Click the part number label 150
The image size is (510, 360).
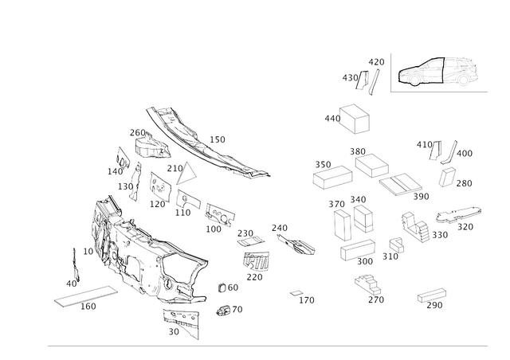[x=218, y=139]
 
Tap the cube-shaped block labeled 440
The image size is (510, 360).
[x=355, y=119]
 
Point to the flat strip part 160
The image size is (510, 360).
[x=86, y=296]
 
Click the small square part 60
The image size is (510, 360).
[x=222, y=288]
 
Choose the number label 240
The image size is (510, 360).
[x=280, y=228]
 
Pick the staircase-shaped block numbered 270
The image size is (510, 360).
[x=368, y=284]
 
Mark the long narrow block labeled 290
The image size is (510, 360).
[x=432, y=295]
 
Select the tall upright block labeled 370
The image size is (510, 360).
[x=343, y=225]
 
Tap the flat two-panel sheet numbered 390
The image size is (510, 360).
[x=400, y=185]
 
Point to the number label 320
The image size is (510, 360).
[x=465, y=227]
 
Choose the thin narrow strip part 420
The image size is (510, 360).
[x=374, y=82]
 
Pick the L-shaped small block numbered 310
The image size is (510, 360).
[x=397, y=245]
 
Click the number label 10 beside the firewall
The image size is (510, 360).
[x=88, y=252]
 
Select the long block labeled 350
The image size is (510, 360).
[x=333, y=178]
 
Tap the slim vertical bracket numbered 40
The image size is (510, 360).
[x=76, y=265]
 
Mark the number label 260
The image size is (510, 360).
[x=138, y=133]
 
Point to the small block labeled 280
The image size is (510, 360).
[x=447, y=177]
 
